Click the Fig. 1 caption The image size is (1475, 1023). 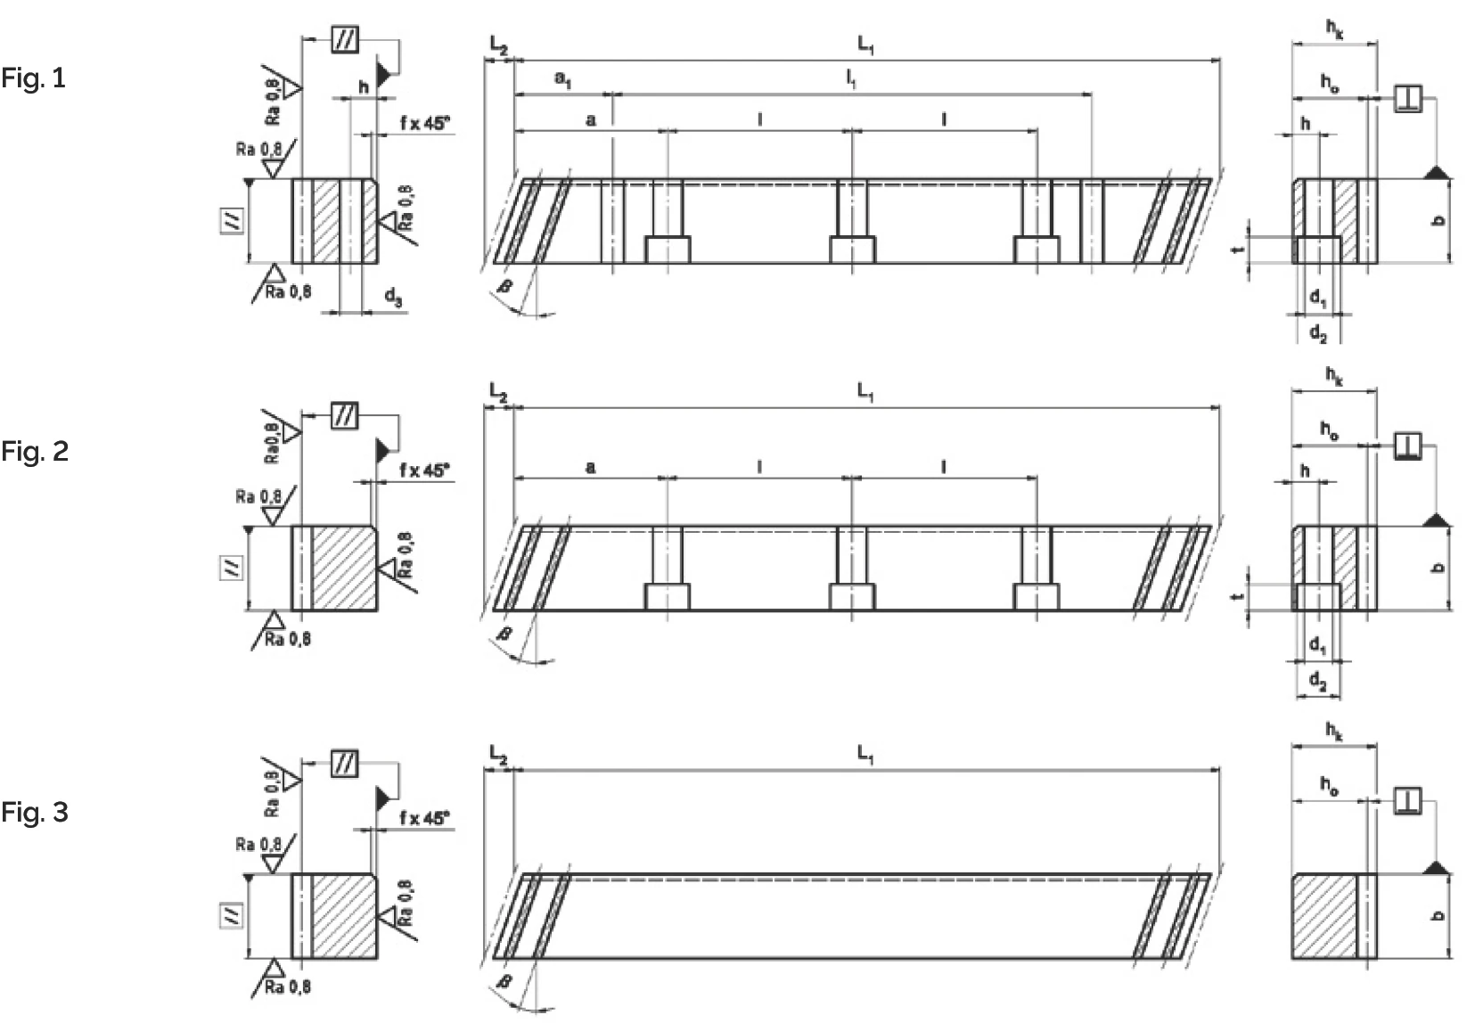34,78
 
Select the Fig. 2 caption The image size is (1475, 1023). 35,452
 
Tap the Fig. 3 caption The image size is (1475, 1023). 35,813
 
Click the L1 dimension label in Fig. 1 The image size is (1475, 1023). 865,45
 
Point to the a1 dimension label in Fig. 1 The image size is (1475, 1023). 563,79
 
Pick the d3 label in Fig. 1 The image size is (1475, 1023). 394,297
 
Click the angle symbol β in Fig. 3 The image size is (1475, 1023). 504,982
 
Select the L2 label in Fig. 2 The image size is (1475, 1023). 498,391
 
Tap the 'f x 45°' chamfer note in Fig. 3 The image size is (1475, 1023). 424,817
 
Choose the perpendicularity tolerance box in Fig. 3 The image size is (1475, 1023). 1407,801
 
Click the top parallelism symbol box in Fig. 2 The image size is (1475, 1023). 345,415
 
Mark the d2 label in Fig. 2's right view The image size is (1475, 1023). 1318,682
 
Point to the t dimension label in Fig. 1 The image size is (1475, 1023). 1238,250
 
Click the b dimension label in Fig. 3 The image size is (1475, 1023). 1438,916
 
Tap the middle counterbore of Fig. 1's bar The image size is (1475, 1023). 852,250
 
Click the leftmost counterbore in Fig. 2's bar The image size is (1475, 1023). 667,596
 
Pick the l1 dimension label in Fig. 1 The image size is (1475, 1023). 852,80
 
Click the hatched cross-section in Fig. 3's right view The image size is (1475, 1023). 1323,916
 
